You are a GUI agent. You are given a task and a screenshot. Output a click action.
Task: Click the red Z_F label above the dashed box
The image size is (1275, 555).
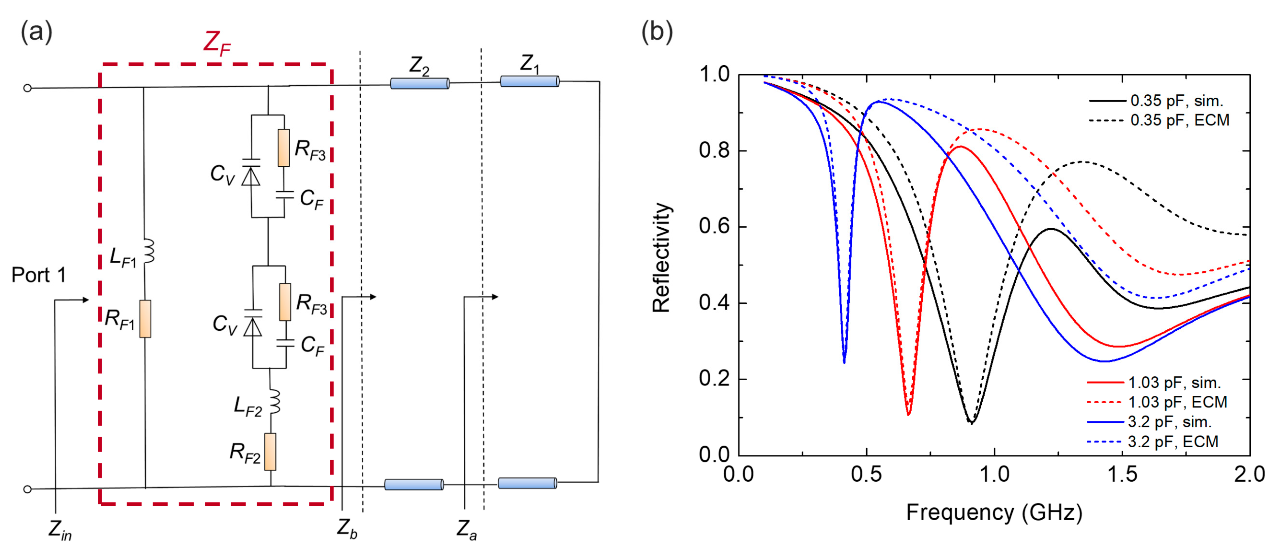pyautogui.click(x=217, y=42)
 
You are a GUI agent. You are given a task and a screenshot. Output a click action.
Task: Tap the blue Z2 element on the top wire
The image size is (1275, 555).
pyautogui.click(x=419, y=83)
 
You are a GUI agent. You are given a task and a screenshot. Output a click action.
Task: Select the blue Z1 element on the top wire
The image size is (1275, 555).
pyautogui.click(x=529, y=81)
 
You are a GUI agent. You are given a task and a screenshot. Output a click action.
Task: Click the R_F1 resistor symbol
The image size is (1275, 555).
pyautogui.click(x=145, y=319)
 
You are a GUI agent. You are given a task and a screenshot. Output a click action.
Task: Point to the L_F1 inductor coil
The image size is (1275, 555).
pyautogui.click(x=149, y=251)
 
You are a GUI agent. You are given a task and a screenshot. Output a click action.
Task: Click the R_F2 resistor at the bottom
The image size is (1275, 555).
pyautogui.click(x=270, y=452)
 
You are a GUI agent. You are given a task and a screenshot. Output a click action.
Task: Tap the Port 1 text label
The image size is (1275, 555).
pyautogui.click(x=39, y=275)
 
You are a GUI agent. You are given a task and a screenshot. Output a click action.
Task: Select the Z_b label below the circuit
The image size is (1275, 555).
pyautogui.click(x=347, y=528)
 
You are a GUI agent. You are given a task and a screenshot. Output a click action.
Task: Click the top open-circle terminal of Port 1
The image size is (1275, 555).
pyautogui.click(x=28, y=88)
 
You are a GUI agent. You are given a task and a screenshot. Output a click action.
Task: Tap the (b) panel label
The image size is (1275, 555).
pyautogui.click(x=656, y=32)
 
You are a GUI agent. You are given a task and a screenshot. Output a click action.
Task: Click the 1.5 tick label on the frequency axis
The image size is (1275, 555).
pyautogui.click(x=1122, y=474)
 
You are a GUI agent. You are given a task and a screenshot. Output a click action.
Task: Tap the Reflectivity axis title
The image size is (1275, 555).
pyautogui.click(x=661, y=257)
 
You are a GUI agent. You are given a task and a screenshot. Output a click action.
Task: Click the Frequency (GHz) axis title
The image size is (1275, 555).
pyautogui.click(x=994, y=513)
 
